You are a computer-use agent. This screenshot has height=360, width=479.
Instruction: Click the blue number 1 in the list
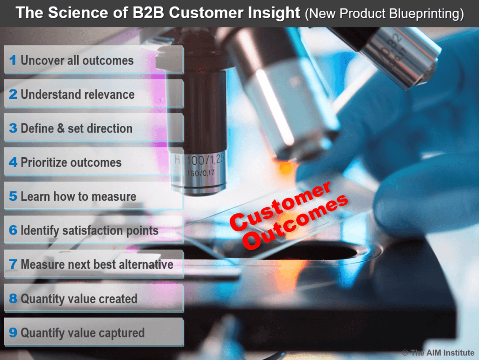point(13,60)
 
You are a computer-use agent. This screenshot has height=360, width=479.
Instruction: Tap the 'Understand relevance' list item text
point(78,95)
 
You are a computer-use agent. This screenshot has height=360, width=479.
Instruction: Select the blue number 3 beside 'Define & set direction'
point(13,128)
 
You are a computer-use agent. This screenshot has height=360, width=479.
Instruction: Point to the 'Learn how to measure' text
point(79,197)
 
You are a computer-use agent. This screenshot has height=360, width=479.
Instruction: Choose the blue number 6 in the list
point(13,230)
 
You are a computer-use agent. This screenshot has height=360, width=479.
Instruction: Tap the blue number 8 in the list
point(13,298)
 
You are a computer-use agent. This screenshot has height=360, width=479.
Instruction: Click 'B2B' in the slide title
point(148,13)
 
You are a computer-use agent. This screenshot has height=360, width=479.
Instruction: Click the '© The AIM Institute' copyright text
point(438,353)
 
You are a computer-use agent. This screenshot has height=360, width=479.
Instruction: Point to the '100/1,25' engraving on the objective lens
point(205,159)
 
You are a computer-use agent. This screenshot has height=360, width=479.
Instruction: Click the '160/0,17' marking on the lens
point(201,173)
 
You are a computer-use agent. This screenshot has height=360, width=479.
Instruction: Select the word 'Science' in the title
point(77,13)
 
